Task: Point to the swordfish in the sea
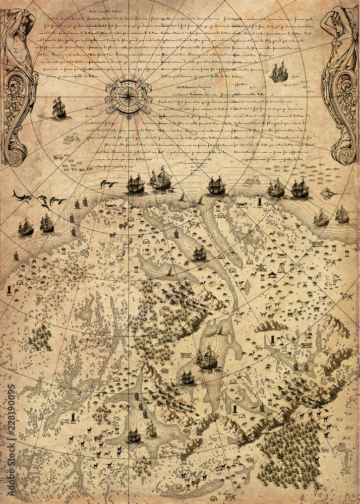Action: [x=22, y=195]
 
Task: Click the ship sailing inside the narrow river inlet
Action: [x=200, y=254]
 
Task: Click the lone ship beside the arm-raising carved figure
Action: [x=278, y=73]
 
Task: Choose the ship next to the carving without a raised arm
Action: [x=59, y=108]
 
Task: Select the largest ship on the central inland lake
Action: [x=207, y=359]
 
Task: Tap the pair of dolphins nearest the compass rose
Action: [x=108, y=184]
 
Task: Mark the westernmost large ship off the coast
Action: [x=26, y=228]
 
